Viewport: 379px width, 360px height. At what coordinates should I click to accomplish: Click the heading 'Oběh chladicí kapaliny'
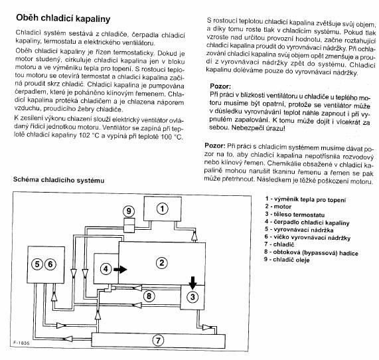point(63,19)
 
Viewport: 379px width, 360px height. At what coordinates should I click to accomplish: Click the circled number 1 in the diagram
point(162,209)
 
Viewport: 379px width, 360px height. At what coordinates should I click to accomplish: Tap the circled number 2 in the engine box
point(162,262)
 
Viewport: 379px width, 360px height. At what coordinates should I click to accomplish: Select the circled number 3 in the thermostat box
point(192,297)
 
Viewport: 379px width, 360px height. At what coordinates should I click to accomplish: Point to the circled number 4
point(106,269)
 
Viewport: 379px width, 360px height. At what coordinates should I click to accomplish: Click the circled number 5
point(37,264)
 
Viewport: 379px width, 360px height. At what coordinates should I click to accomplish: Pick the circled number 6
point(50,264)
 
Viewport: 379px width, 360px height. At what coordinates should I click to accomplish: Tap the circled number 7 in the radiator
point(158,340)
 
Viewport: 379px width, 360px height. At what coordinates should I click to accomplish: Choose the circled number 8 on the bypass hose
point(149,296)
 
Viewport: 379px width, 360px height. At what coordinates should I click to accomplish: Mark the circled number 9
point(129,211)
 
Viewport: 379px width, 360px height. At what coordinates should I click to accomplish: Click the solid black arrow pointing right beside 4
point(120,269)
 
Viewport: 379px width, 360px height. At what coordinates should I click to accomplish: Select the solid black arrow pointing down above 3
point(192,282)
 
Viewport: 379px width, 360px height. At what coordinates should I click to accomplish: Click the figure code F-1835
point(21,343)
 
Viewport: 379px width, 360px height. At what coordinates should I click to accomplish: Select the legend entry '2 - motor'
point(278,207)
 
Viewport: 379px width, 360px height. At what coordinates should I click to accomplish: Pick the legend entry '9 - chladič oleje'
point(287,260)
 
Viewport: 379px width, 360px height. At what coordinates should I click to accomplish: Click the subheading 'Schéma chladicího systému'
point(58,180)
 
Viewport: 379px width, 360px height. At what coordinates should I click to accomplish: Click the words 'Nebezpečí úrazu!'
point(258,128)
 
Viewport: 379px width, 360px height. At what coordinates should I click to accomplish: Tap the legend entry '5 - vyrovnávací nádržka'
point(299,230)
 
